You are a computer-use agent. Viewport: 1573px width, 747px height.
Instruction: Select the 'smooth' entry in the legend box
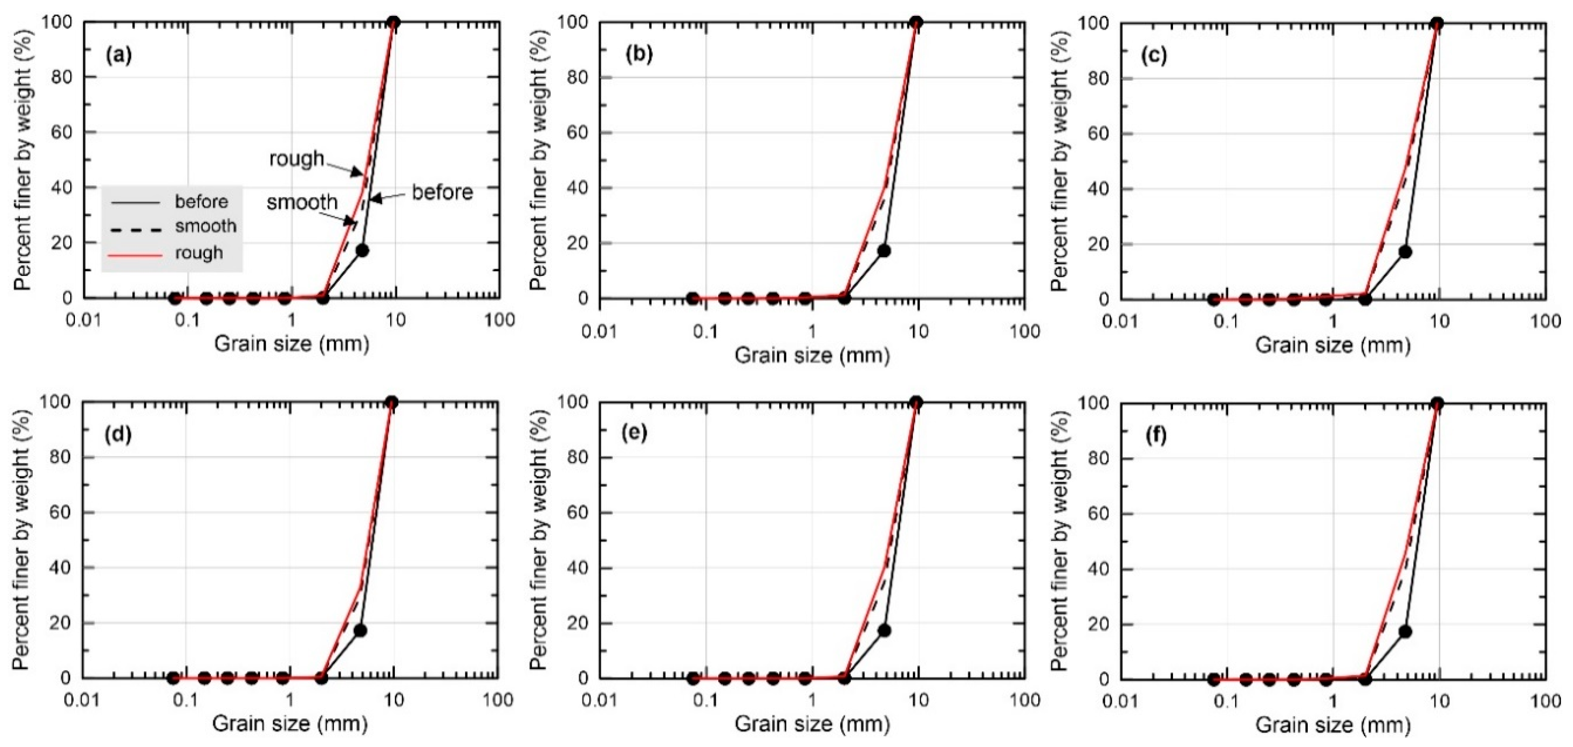(205, 226)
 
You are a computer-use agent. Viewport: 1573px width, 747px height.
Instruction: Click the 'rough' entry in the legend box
(199, 253)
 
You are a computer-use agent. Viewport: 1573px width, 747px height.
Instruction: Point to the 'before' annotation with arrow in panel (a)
(442, 192)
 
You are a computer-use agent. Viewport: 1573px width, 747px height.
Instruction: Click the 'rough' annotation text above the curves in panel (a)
(297, 159)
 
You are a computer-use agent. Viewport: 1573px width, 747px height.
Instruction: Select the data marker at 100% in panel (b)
(915, 22)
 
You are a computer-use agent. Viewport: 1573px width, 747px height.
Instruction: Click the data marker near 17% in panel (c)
(1405, 251)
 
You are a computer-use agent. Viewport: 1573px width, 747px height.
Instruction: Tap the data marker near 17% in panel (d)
(360, 630)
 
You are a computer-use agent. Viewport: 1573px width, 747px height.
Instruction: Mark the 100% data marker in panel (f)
(1437, 403)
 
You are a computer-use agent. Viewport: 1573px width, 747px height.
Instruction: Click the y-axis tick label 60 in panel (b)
(577, 133)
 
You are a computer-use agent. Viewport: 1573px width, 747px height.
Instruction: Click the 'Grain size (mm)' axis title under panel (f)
(1333, 725)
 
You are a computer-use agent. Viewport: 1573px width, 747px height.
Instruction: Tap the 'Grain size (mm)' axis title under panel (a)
(292, 344)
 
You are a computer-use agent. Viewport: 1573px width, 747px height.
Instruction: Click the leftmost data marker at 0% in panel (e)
(692, 678)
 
